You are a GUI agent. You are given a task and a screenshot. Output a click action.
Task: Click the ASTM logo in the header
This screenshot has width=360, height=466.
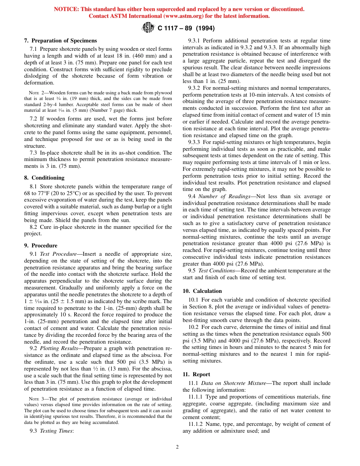[147, 27]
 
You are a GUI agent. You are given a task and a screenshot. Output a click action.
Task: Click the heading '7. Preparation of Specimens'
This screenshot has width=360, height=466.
[60, 41]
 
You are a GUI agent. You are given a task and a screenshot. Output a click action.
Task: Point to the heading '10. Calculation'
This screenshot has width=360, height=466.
[202, 291]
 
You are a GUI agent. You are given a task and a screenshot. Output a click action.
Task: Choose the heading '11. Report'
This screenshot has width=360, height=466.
[196, 374]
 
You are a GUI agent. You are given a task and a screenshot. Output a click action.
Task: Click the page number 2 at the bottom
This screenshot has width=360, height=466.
[177, 447]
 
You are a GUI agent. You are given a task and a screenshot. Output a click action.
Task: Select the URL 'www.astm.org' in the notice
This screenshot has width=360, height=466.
[182, 16]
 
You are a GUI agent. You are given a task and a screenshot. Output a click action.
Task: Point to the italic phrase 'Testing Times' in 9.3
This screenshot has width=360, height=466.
[56, 431]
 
